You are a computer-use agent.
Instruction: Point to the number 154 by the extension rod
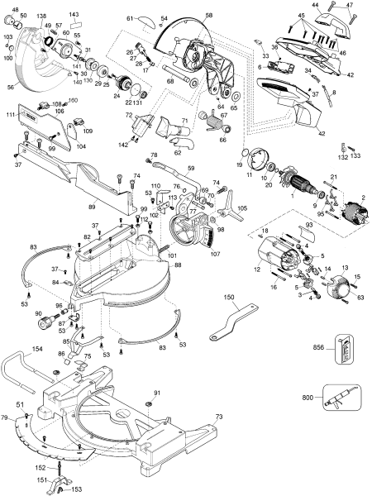pos(37,350)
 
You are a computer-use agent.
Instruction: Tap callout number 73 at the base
pos(219,417)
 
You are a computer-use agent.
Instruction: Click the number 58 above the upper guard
pos(208,16)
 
